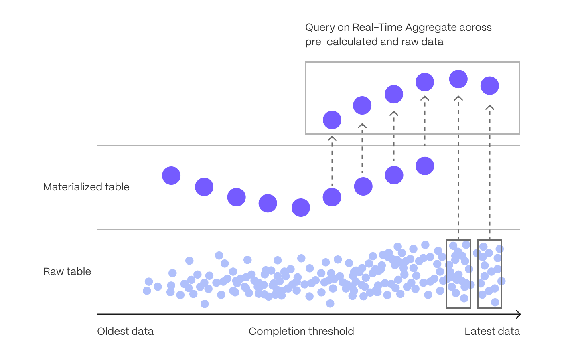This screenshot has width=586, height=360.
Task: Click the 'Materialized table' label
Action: [x=86, y=187]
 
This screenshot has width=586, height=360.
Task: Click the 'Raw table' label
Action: [x=67, y=271]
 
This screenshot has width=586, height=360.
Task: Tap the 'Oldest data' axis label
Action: [x=125, y=331]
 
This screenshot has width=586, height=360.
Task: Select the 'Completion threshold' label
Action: [x=301, y=331]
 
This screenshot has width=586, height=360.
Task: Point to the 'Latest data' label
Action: [x=492, y=331]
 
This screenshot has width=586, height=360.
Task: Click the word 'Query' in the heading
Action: [x=320, y=28]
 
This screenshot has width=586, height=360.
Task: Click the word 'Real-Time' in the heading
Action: [x=377, y=27]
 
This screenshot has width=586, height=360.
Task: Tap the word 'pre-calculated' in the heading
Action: [x=341, y=42]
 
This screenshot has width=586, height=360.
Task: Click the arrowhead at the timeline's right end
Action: [x=518, y=314]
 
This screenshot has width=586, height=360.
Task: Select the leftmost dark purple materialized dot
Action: [x=171, y=176]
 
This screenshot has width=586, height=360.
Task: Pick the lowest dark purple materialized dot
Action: [x=301, y=208]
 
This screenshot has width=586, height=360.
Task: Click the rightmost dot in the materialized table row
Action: [x=425, y=166]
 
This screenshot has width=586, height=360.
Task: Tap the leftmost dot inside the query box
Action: [x=332, y=120]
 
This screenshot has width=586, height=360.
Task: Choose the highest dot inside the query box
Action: [x=458, y=79]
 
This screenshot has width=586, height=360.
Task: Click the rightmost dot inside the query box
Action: [x=490, y=85]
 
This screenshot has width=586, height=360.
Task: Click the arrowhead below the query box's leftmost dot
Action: [x=332, y=138]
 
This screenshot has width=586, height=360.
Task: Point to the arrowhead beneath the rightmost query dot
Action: [x=490, y=107]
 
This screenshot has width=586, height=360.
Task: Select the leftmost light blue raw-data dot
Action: [x=147, y=291]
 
